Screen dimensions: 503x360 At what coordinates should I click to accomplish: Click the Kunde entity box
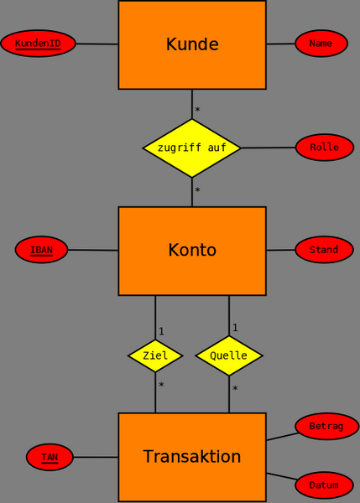192,44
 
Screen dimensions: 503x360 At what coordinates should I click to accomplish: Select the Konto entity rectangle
192,251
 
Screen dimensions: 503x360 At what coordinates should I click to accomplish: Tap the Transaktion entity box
192,457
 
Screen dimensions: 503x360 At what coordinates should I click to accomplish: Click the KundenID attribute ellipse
38,44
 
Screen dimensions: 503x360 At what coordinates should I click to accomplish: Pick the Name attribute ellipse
321,44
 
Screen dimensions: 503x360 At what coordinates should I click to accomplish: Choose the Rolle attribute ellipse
324,148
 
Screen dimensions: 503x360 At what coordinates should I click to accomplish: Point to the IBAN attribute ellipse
41,250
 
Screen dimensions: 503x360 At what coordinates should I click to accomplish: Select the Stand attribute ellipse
324,250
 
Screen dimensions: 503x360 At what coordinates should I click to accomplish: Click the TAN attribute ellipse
50,457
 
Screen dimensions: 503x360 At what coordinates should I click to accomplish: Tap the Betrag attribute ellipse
326,426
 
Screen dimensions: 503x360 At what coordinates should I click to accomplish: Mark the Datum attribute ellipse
324,485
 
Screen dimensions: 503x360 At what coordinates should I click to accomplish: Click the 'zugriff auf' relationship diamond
192,148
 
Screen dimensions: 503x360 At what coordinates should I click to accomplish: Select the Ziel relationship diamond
155,355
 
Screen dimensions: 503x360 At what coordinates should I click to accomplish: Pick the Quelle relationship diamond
229,355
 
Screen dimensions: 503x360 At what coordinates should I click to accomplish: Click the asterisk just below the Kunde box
197,111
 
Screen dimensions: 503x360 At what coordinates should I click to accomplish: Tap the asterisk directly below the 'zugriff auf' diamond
197,191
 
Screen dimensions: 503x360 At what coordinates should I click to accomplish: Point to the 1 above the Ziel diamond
161,331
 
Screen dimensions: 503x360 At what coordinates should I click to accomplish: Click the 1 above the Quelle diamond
235,328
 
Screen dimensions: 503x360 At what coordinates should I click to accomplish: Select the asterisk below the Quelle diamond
235,390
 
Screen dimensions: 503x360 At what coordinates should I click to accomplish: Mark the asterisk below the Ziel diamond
161,386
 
